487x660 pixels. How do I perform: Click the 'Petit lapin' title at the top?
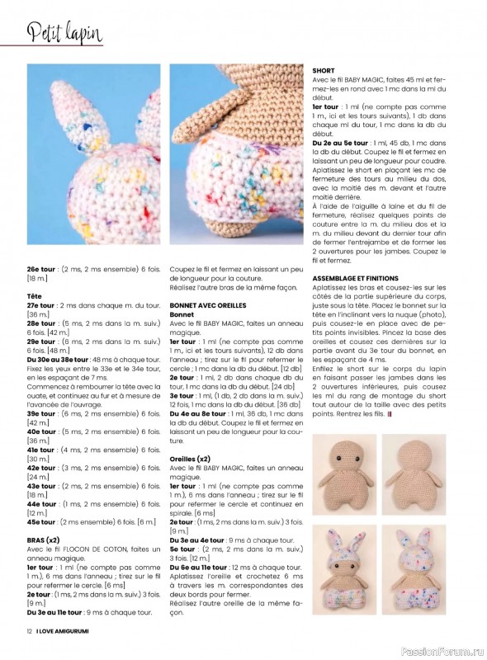[x=64, y=34]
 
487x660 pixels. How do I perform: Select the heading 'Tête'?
[x=35, y=295]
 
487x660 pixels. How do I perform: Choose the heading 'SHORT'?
[x=324, y=71]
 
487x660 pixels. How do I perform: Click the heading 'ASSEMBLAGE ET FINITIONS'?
[x=362, y=278]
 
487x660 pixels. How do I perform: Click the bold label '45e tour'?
[x=40, y=522]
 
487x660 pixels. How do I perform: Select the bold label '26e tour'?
[x=41, y=269]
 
